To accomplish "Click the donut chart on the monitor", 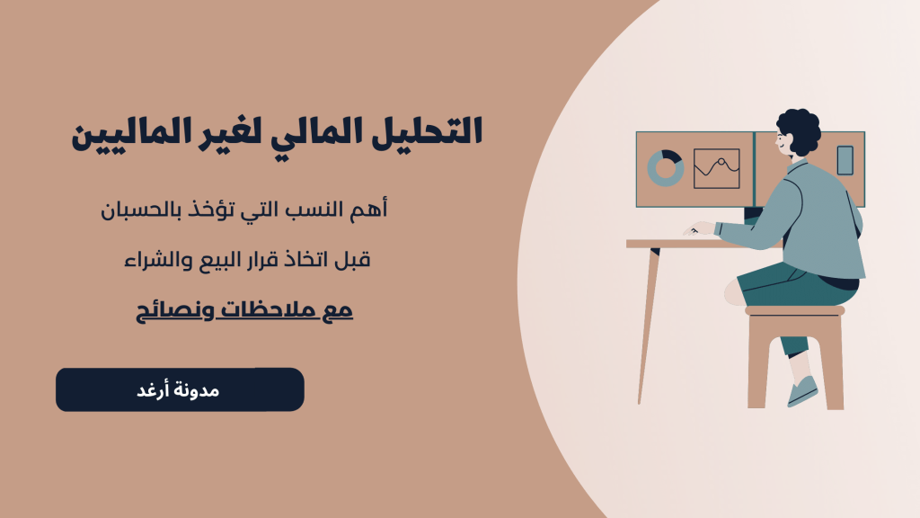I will pyautogui.click(x=666, y=168).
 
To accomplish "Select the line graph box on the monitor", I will pyautogui.click(x=716, y=168).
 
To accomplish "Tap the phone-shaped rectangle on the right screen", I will pyautogui.click(x=845, y=160).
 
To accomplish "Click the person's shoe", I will pyautogui.click(x=803, y=392).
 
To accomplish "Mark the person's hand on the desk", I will pyautogui.click(x=697, y=229).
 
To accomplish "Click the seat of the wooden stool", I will pyautogui.click(x=795, y=310).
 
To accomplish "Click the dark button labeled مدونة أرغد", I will pyautogui.click(x=180, y=390).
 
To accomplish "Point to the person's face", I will pyautogui.click(x=785, y=141).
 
